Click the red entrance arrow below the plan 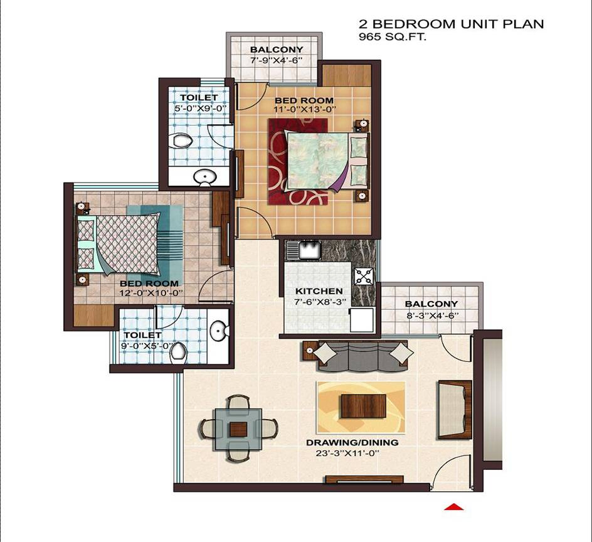pyautogui.click(x=453, y=506)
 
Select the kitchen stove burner pyautogui.click(x=364, y=275)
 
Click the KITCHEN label pyautogui.click(x=319, y=291)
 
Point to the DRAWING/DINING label pyautogui.click(x=352, y=442)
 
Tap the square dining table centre pyautogui.click(x=238, y=429)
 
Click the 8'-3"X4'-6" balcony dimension pyautogui.click(x=431, y=315)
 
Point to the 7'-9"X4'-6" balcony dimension pyautogui.click(x=276, y=60)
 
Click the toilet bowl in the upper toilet pyautogui.click(x=182, y=140)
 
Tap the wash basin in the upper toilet pyautogui.click(x=204, y=178)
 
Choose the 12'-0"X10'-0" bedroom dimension pyautogui.click(x=151, y=293)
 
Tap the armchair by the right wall pyautogui.click(x=455, y=410)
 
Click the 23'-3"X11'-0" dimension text pyautogui.click(x=352, y=452)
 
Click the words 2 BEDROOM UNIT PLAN pyautogui.click(x=451, y=24)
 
